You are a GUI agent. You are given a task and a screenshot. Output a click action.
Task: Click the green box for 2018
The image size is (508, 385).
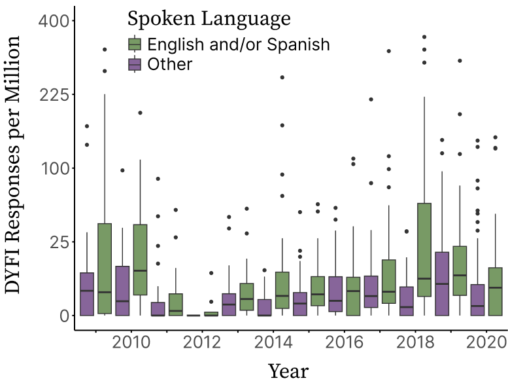point(424,259)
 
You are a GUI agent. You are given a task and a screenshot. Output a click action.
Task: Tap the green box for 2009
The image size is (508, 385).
point(105,269)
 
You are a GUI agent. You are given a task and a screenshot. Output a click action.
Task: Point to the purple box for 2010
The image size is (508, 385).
point(122,291)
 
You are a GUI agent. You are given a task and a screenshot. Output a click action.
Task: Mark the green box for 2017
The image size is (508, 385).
point(388,282)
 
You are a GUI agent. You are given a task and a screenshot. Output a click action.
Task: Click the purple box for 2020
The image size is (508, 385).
point(477,300)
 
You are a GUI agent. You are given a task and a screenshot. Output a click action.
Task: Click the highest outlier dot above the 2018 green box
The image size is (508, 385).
point(424,37)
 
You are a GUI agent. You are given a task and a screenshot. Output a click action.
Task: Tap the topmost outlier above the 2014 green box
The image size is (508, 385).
point(282,77)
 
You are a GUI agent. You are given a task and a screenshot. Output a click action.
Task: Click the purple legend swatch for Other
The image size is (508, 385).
point(134,64)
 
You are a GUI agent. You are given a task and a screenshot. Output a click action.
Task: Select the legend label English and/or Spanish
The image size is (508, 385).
point(238,45)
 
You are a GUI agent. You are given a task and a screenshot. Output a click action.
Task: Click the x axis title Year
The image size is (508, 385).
point(288,371)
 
